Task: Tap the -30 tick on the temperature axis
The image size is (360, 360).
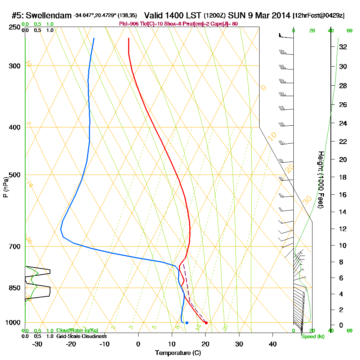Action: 37,344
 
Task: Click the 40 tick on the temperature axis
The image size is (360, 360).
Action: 273,344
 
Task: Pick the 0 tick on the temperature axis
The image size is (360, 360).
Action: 138,344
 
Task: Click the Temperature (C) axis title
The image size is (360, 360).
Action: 178,353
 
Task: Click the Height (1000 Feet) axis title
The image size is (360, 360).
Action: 320,180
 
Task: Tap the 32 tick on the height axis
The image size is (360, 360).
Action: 343,47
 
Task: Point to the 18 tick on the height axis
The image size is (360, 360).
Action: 343,177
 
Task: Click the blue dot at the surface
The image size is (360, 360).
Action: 187,323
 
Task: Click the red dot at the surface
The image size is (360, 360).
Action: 206,323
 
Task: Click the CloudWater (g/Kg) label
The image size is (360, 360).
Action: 77,330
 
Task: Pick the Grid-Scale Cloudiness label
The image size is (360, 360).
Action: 81,336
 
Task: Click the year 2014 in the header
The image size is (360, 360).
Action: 281,15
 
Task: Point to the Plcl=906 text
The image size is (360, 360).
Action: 129,24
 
